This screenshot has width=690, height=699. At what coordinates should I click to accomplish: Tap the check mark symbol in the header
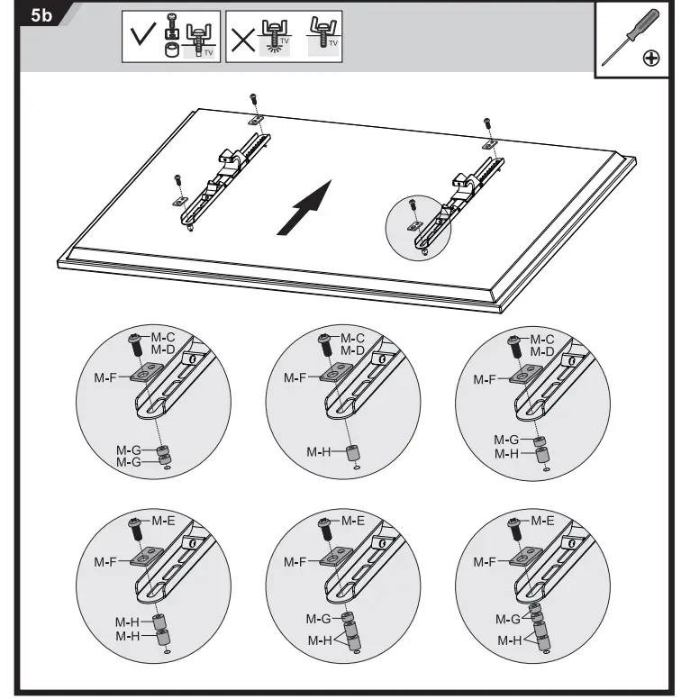[x=141, y=39]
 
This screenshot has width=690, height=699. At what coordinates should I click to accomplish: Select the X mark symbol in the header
[x=241, y=39]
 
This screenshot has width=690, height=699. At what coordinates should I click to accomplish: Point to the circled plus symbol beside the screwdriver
[x=651, y=59]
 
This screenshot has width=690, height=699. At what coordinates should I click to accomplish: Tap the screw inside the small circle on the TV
[x=412, y=204]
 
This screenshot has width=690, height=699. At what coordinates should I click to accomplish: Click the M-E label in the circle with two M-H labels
[x=162, y=522]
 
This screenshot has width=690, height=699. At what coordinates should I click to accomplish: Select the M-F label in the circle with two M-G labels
[x=106, y=379]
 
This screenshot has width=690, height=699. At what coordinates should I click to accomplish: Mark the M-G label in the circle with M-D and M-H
[x=505, y=440]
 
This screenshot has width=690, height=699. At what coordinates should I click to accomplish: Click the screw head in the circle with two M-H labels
[x=139, y=523]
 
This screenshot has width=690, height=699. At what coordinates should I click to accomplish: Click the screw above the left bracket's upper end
[x=253, y=99]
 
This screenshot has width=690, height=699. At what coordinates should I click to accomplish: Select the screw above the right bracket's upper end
[x=487, y=123]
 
